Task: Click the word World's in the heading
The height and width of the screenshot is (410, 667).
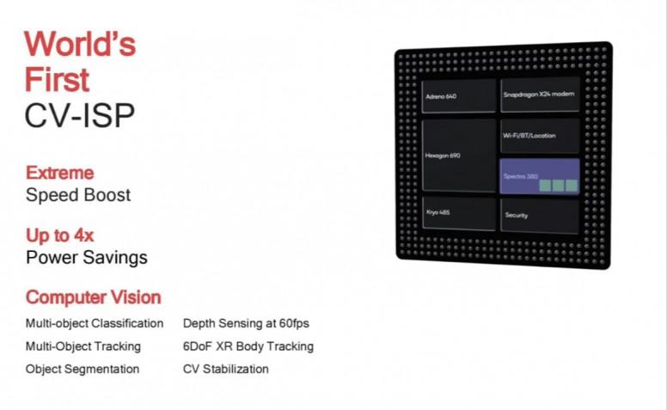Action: pyautogui.click(x=80, y=44)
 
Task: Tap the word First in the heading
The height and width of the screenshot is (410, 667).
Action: pyautogui.click(x=57, y=80)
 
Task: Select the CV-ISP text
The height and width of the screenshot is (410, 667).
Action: pyautogui.click(x=80, y=115)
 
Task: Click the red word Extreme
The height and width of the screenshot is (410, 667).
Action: pyautogui.click(x=60, y=173)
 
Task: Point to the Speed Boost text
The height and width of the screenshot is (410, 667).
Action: pyautogui.click(x=78, y=195)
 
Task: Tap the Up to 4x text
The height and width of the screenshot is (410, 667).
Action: pyautogui.click(x=60, y=236)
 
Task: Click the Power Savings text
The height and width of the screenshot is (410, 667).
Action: pyautogui.click(x=87, y=258)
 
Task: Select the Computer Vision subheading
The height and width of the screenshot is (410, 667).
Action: pyautogui.click(x=94, y=297)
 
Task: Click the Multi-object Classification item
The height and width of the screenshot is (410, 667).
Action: pyautogui.click(x=95, y=323)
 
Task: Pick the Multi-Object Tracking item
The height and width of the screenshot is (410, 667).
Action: pyautogui.click(x=83, y=346)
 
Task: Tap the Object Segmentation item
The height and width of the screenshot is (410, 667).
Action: pyautogui.click(x=83, y=369)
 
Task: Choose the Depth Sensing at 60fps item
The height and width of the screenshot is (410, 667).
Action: pyautogui.click(x=247, y=323)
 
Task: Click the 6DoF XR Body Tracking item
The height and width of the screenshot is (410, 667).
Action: pyautogui.click(x=248, y=346)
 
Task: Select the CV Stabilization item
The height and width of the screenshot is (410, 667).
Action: pyautogui.click(x=226, y=369)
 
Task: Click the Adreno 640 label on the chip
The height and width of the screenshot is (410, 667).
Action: pyautogui.click(x=441, y=96)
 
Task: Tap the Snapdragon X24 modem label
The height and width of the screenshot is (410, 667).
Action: pyautogui.click(x=539, y=94)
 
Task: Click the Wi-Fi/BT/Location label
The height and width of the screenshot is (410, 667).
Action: pyautogui.click(x=529, y=136)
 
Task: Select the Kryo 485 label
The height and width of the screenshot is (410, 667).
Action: pyautogui.click(x=438, y=212)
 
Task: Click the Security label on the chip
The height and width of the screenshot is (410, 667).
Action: pyautogui.click(x=517, y=215)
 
